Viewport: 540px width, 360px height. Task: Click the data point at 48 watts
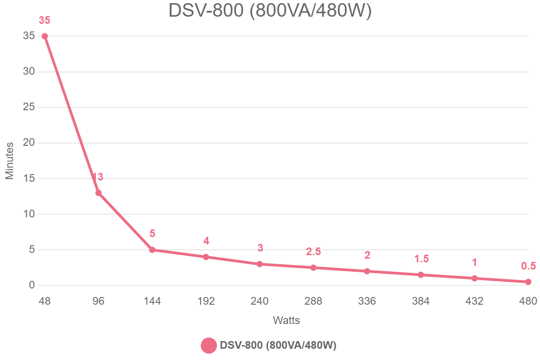[45, 36]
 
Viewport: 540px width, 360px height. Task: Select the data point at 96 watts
[99, 193]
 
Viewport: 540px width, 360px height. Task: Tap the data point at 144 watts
[152, 250]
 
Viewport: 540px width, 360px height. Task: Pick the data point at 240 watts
[260, 264]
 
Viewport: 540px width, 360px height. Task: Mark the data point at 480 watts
[528, 282]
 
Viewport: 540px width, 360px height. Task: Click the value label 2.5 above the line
[313, 252]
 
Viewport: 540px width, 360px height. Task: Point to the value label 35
[45, 20]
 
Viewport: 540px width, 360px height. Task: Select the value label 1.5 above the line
[421, 259]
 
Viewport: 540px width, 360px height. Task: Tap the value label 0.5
[528, 266]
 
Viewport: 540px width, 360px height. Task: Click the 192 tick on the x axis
[206, 301]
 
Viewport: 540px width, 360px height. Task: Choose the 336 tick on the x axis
[367, 301]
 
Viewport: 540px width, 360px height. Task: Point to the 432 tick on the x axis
[474, 301]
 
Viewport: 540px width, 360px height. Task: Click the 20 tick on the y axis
[29, 143]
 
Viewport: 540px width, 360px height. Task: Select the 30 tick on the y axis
[29, 72]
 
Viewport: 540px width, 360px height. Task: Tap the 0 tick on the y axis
[32, 285]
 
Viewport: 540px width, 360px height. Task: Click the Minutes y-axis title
[10, 161]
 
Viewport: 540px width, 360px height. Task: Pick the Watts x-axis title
[286, 321]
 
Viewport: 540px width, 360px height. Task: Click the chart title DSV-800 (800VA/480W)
[270, 11]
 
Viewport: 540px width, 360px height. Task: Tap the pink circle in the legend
[209, 346]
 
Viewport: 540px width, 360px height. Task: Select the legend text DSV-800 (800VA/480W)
[278, 346]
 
